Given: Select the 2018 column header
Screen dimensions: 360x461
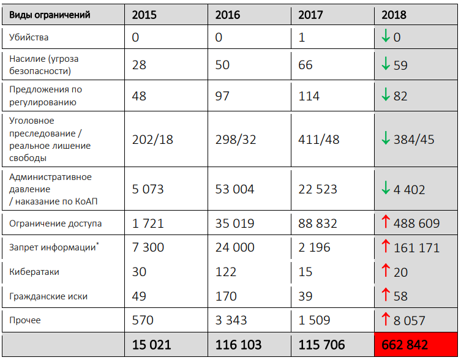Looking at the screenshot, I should pos(394,15).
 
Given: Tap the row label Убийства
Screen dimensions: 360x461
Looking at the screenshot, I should pos(29,37).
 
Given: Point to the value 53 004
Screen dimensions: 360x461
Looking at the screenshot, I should pos(234,189).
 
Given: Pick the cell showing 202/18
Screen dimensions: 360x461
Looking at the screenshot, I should pos(152,139).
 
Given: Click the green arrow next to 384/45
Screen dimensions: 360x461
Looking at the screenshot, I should pos(386,139).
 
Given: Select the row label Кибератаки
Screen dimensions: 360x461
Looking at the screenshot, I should pos(34,271).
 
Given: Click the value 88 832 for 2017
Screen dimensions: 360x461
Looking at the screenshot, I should pos(318,223).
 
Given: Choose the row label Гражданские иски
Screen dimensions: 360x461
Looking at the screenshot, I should pos(48,296).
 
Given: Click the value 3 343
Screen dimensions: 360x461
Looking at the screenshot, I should pos(231,320).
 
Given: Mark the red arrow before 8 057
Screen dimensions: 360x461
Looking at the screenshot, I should pos(386,320).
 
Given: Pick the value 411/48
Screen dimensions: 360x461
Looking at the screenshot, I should pos(319,139).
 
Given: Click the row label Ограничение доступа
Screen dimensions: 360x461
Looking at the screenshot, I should pos(55,223).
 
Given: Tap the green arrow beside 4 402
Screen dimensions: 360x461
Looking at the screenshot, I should pos(386,189).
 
